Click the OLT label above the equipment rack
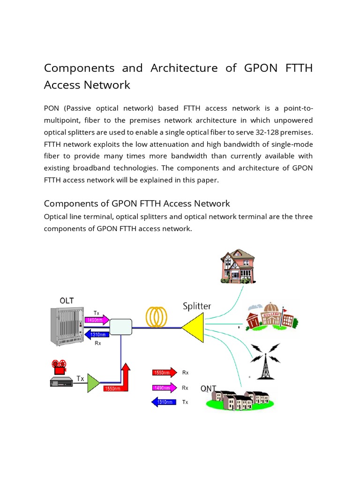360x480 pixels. (x=67, y=300)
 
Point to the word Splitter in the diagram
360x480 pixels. (x=197, y=306)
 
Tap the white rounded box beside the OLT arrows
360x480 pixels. (x=120, y=327)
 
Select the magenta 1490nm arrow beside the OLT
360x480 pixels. (x=97, y=320)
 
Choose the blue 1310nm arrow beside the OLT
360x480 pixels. (x=97, y=334)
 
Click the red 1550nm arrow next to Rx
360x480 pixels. (x=164, y=373)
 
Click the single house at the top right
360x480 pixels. (x=238, y=266)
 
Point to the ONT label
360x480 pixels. (x=208, y=389)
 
